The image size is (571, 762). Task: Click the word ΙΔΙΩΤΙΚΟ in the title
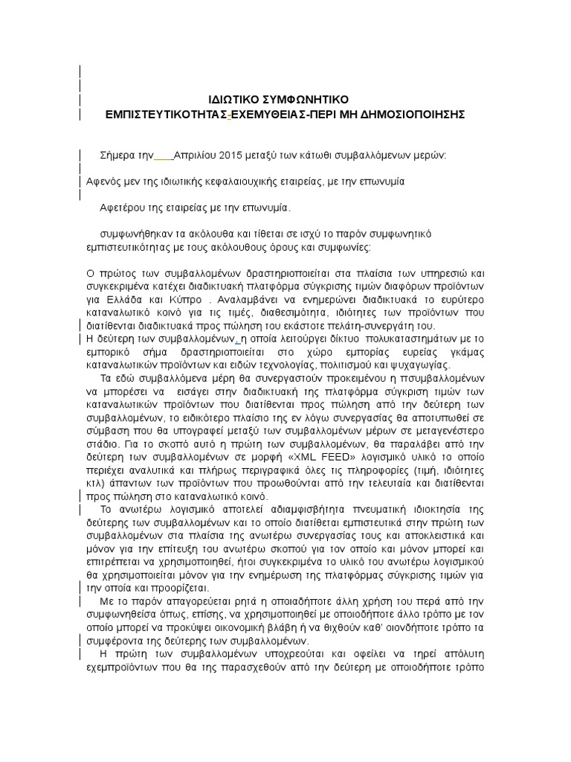[x=234, y=100]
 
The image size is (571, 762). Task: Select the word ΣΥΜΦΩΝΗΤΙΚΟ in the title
[x=305, y=100]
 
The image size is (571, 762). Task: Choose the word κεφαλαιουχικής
[x=239, y=182]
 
